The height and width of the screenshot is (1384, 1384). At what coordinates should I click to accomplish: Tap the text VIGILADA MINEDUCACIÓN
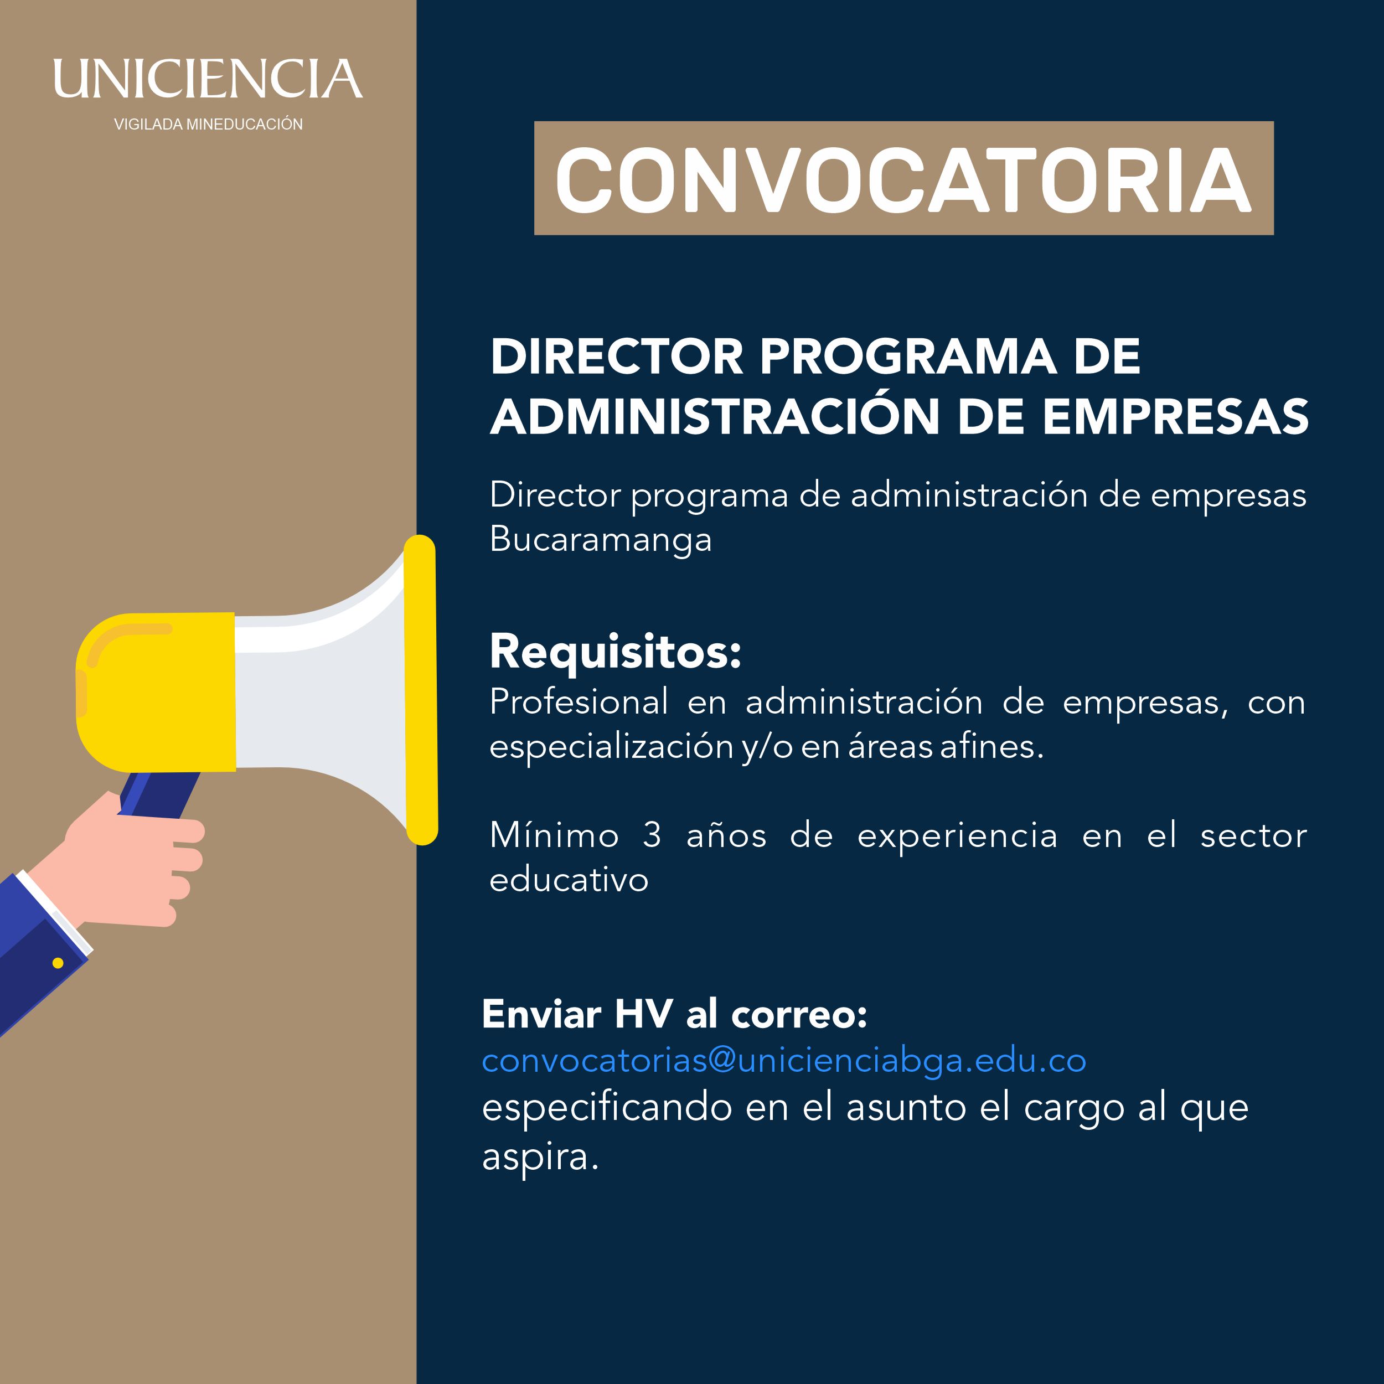209,124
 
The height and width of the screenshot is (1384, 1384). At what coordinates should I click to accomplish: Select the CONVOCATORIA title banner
904,178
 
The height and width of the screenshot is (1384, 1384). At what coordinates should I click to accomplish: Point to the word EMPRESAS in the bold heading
1175,416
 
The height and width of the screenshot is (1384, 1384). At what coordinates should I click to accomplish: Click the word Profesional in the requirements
579,701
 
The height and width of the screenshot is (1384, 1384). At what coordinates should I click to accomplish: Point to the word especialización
612,748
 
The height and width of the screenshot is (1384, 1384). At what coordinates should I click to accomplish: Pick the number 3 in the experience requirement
652,835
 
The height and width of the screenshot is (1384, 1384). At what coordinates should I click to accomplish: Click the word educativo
569,880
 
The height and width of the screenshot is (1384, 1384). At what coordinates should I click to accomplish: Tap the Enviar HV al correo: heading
674,1014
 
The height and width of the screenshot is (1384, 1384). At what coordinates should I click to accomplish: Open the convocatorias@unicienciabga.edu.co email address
784,1061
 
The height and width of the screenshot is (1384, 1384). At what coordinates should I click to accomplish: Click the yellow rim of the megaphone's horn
421,690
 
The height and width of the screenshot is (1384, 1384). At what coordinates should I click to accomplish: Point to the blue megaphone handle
159,794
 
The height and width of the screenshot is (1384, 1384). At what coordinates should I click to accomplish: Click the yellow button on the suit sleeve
58,963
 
